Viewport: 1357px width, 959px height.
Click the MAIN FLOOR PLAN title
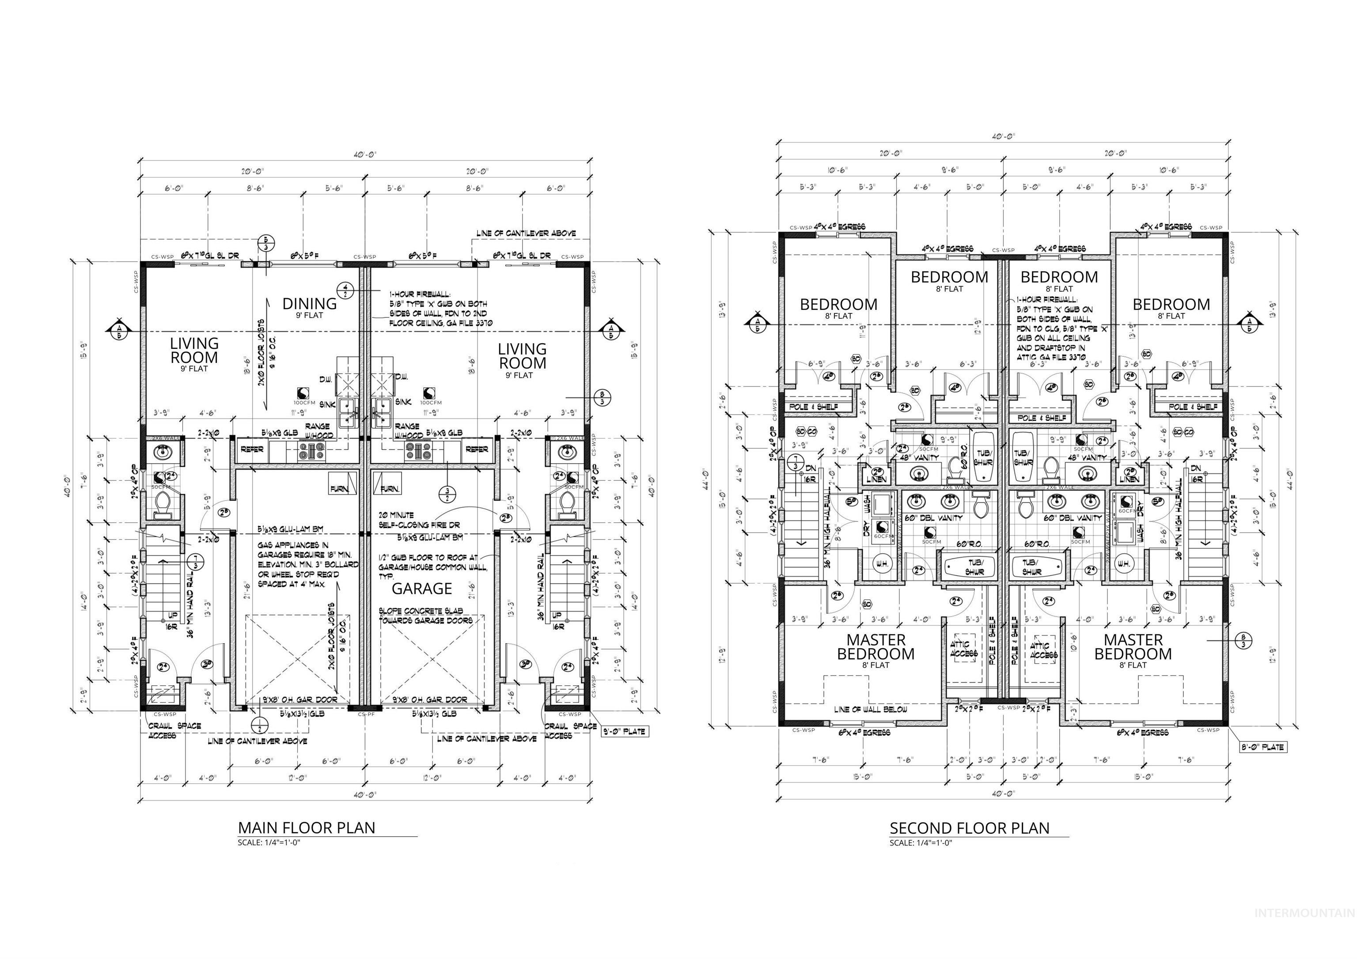306,827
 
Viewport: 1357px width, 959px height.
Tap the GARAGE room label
421,589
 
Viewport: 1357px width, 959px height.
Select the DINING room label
309,304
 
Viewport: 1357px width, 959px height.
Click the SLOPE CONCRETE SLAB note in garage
425,615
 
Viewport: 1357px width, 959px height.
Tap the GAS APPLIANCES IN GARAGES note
307,564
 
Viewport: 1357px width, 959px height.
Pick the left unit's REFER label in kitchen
252,449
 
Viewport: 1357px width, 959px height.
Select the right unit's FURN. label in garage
390,489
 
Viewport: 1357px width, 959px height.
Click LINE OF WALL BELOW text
870,709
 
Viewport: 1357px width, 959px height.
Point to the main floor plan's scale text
269,842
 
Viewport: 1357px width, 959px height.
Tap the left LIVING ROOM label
194,351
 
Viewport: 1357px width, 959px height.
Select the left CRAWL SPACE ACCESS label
174,730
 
